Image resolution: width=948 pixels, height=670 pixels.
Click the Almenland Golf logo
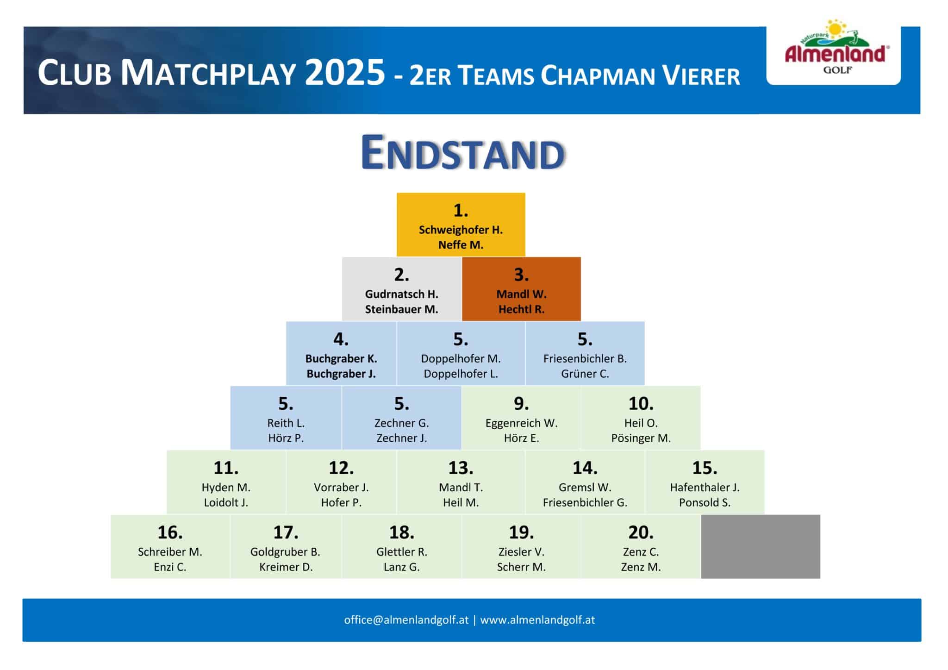(x=836, y=47)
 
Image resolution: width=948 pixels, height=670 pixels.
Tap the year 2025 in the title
(x=345, y=72)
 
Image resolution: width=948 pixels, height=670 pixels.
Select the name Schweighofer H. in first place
(x=461, y=230)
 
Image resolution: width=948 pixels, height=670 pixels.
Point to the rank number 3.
(x=521, y=275)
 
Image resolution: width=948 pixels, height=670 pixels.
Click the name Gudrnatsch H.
(x=401, y=294)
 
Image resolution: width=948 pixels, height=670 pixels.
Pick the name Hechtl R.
(x=521, y=309)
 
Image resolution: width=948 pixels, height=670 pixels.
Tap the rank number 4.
(x=341, y=339)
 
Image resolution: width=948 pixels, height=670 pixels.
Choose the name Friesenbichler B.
(x=585, y=359)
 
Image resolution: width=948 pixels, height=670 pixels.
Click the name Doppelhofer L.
(x=461, y=374)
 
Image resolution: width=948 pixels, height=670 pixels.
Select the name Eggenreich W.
(x=521, y=423)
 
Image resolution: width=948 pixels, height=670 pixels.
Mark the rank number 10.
(x=641, y=404)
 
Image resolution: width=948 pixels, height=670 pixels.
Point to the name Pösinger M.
(x=641, y=438)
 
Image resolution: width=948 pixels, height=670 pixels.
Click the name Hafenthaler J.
(x=705, y=488)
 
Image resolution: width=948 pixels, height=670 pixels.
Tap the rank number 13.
(x=461, y=468)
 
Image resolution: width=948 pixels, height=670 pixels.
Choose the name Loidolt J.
(x=226, y=502)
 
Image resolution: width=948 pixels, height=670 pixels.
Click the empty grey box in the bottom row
(x=761, y=546)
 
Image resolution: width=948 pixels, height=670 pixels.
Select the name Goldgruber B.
(x=285, y=552)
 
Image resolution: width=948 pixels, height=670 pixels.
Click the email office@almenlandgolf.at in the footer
(x=406, y=620)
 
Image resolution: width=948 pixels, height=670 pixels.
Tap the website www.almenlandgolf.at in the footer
(x=537, y=620)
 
